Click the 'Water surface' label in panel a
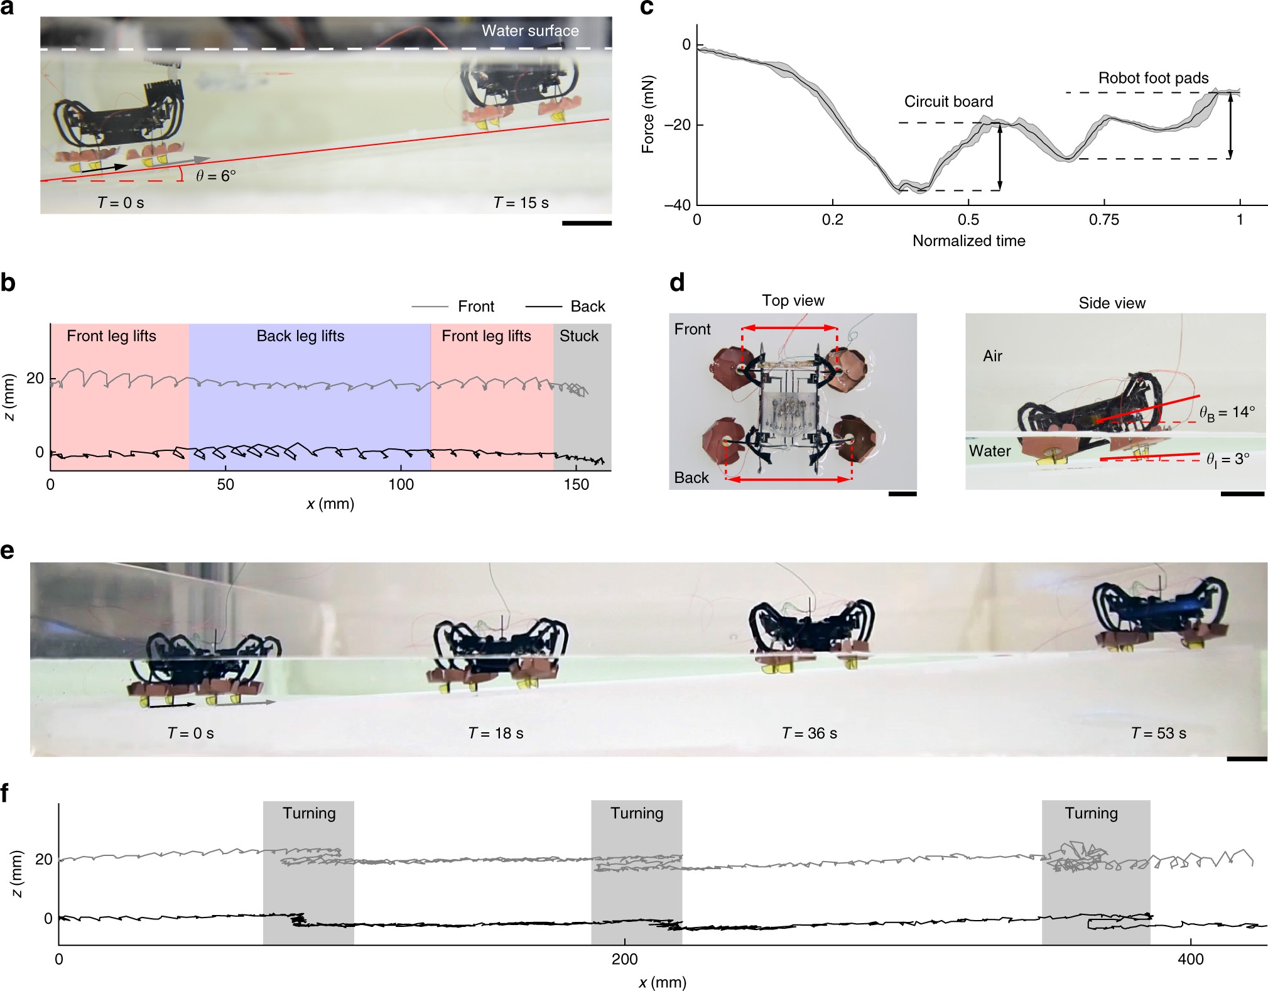click(x=530, y=31)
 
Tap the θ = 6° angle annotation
click(x=215, y=176)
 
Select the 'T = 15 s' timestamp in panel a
click(x=521, y=203)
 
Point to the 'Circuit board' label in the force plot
click(x=948, y=102)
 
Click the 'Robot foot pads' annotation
click(x=1153, y=79)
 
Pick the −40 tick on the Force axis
click(x=678, y=205)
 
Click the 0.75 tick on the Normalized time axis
click(x=1103, y=220)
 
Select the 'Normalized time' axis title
click(x=968, y=241)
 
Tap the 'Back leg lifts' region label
click(x=300, y=336)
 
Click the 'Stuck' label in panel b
click(x=579, y=336)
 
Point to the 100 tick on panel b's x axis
click(x=401, y=485)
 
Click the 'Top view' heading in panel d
click(x=793, y=301)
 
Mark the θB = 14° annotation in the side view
click(x=1227, y=413)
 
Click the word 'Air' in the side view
click(x=992, y=356)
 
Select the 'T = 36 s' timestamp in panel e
click(x=809, y=734)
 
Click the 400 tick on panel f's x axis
click(x=1191, y=960)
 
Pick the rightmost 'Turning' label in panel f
click(x=1091, y=814)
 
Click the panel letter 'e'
click(x=8, y=551)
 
